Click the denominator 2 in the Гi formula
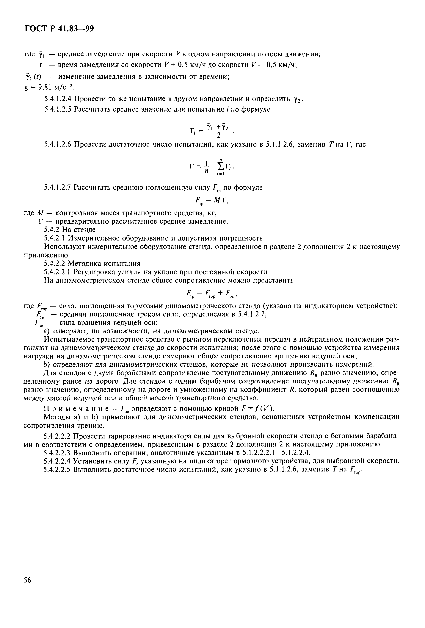point(219,135)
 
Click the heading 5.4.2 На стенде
point(70,230)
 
